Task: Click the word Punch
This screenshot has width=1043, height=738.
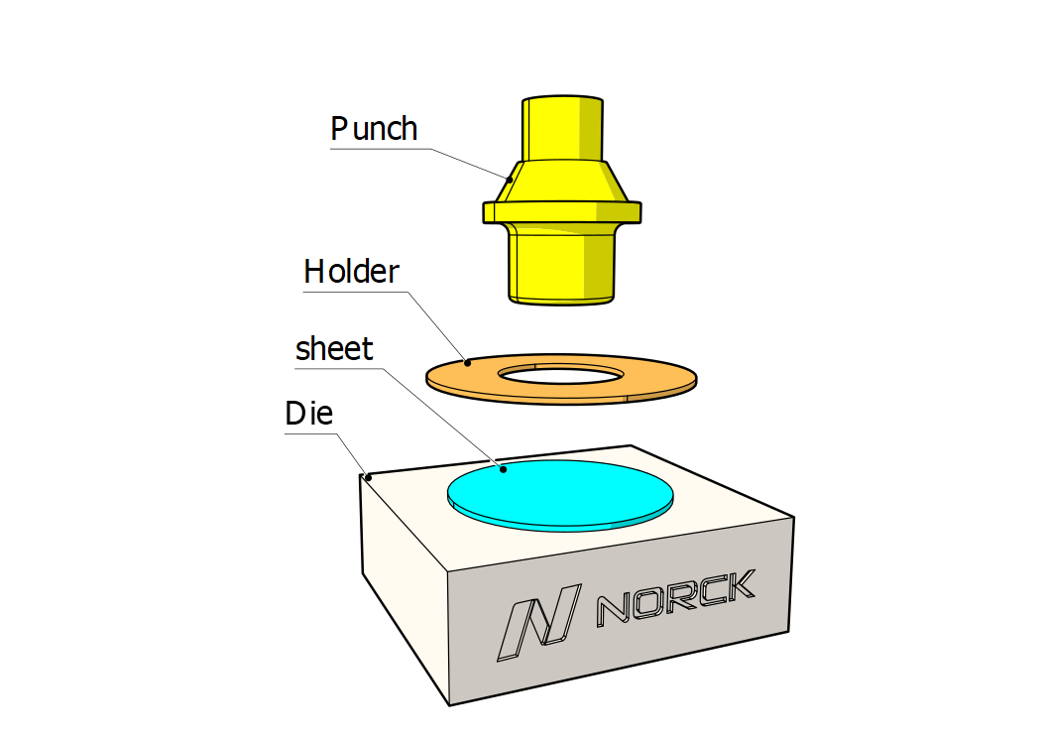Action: tap(374, 128)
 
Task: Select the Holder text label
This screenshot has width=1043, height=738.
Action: tap(351, 272)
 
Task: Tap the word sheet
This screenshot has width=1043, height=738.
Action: tap(334, 349)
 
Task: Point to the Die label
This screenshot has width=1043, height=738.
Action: tap(308, 414)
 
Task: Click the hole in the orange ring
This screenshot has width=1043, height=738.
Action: tap(561, 375)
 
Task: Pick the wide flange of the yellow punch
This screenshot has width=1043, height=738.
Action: tap(562, 212)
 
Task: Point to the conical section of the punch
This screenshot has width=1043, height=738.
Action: tap(562, 181)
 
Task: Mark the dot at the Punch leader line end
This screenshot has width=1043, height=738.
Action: tap(511, 180)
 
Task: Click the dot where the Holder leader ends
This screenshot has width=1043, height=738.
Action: tap(468, 363)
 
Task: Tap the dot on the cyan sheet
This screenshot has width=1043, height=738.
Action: tap(504, 469)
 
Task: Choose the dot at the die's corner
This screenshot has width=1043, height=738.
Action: tap(369, 477)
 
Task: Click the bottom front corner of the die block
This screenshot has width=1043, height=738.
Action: tap(450, 704)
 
